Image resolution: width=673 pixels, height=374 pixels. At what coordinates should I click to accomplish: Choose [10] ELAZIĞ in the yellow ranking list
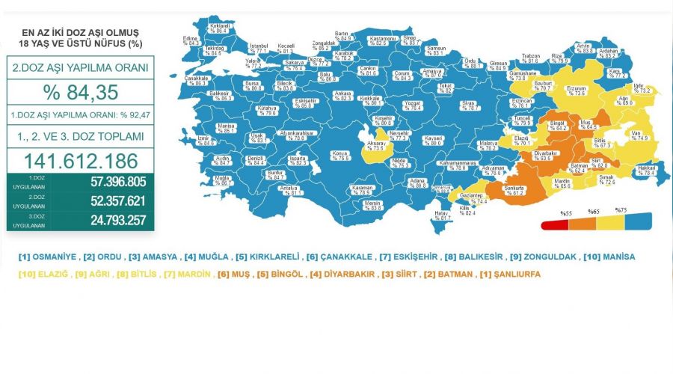(42, 275)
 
